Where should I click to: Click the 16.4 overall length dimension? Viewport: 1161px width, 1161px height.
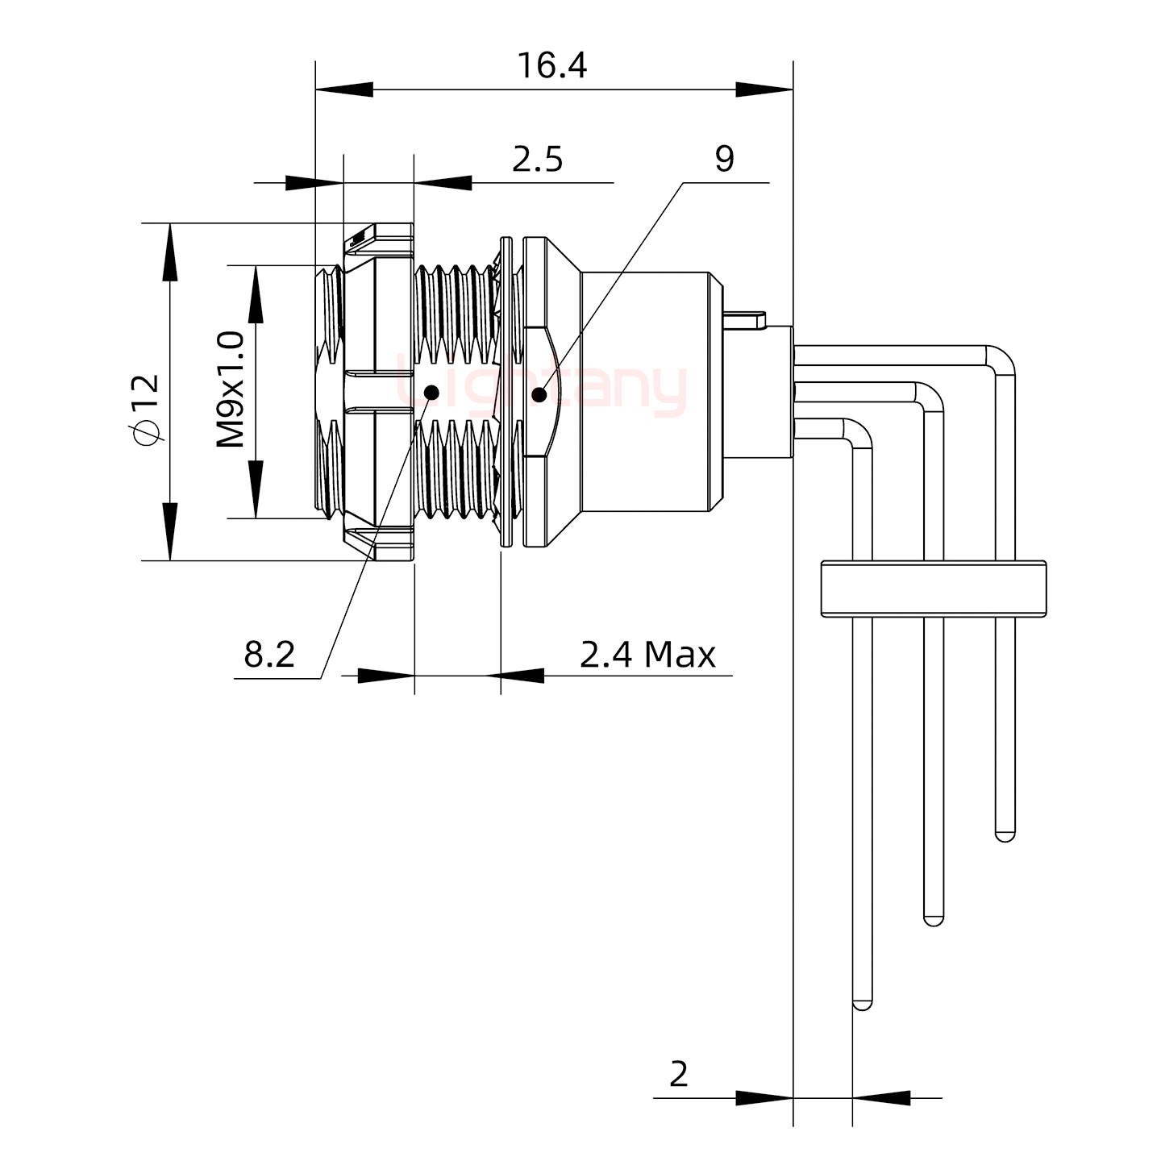click(551, 66)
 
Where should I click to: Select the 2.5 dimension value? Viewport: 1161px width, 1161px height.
click(537, 160)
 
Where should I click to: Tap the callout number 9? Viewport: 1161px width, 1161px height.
click(724, 159)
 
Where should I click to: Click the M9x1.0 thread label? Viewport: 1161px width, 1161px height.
click(231, 390)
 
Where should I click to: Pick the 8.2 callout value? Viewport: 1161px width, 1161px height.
click(269, 655)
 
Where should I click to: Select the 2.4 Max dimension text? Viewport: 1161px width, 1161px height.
click(647, 655)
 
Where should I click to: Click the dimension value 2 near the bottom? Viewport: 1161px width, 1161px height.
click(678, 1074)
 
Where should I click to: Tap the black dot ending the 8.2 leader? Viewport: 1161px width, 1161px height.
click(431, 393)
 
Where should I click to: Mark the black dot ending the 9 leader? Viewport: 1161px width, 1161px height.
click(539, 394)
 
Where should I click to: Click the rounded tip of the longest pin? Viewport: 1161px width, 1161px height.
click(862, 1004)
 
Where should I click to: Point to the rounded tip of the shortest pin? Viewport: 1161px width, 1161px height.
click(1005, 835)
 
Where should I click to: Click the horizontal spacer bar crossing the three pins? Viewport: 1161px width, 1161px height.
click(934, 589)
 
